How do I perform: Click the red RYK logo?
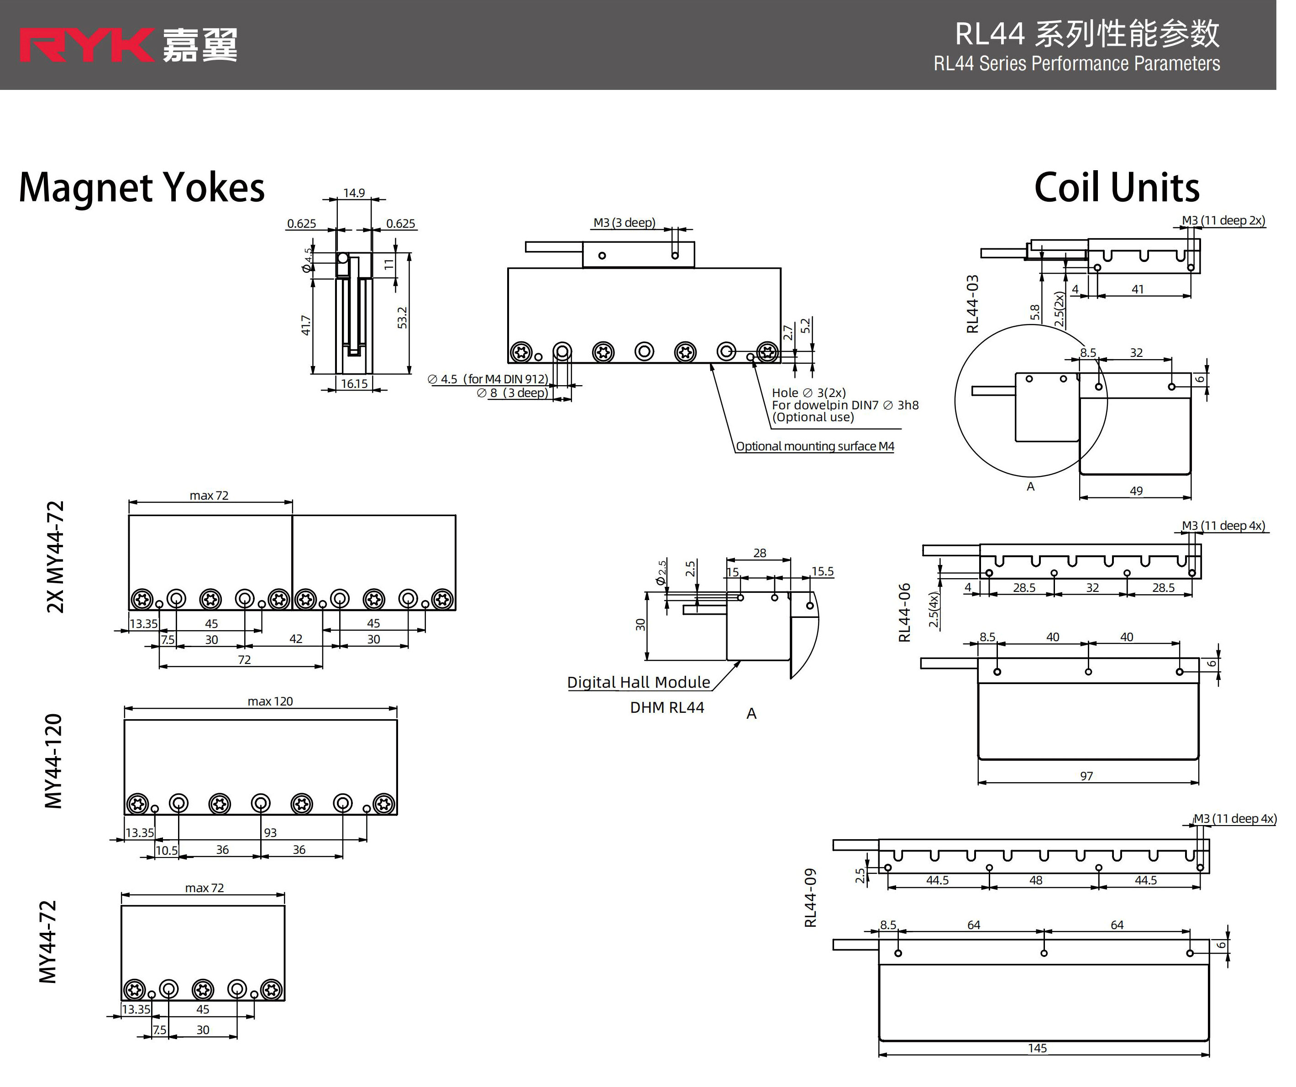(86, 45)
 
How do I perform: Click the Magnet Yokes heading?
(142, 188)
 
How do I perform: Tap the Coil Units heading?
(1117, 188)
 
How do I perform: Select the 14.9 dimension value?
(354, 193)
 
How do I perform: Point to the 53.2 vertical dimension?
(402, 318)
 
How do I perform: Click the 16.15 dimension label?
(354, 384)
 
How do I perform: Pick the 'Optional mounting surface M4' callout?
(815, 446)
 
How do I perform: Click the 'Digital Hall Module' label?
(638, 682)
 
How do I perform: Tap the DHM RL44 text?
(666, 708)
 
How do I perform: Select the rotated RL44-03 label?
(973, 304)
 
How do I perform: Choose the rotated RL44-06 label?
(905, 612)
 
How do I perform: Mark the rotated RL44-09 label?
(810, 898)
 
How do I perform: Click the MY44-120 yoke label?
(54, 761)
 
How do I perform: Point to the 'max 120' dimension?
(270, 701)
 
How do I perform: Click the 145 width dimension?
(1038, 1048)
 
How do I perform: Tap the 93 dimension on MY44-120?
(270, 833)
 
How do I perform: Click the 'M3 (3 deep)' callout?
(624, 223)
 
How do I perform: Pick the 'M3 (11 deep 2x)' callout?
(1223, 221)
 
